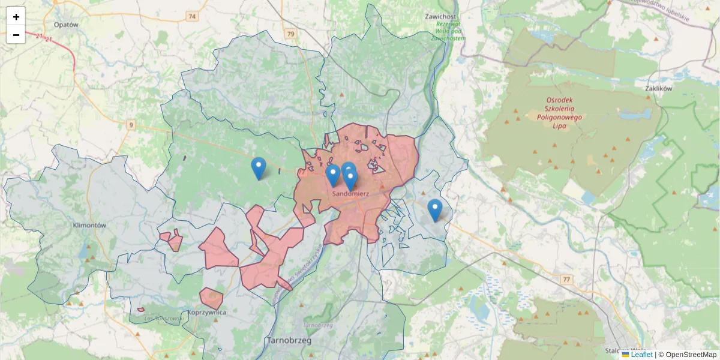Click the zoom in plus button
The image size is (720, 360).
point(16,17)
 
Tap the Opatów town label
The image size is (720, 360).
point(66,25)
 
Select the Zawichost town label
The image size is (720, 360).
point(441,17)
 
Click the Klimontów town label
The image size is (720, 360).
point(89,226)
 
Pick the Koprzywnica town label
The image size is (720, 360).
point(206,313)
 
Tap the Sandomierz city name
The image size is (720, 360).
point(351,194)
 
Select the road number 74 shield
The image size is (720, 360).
point(192,16)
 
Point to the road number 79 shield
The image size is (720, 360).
point(291,34)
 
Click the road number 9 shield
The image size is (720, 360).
point(131,125)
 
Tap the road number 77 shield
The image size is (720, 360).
point(566,280)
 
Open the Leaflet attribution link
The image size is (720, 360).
point(641,355)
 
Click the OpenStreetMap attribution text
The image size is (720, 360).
point(691,355)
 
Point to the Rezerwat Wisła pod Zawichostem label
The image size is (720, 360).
point(448,31)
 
